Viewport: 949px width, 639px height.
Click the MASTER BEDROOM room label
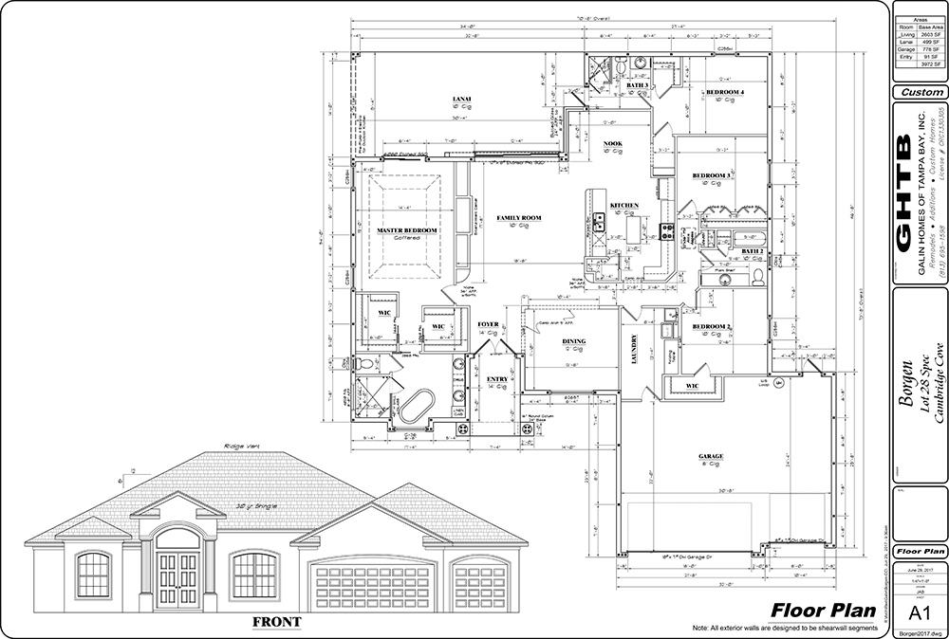point(406,230)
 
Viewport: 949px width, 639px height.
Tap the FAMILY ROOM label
point(519,218)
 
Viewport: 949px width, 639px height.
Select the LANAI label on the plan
point(462,99)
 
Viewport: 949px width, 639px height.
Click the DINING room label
point(574,341)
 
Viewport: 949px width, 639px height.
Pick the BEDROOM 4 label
point(725,92)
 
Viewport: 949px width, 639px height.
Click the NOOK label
point(612,143)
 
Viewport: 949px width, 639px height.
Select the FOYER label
point(488,324)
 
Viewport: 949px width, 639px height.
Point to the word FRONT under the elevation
point(277,622)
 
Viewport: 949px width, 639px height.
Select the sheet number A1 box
point(920,610)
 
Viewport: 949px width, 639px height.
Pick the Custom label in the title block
point(920,93)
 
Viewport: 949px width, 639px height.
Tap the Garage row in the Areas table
point(920,46)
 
